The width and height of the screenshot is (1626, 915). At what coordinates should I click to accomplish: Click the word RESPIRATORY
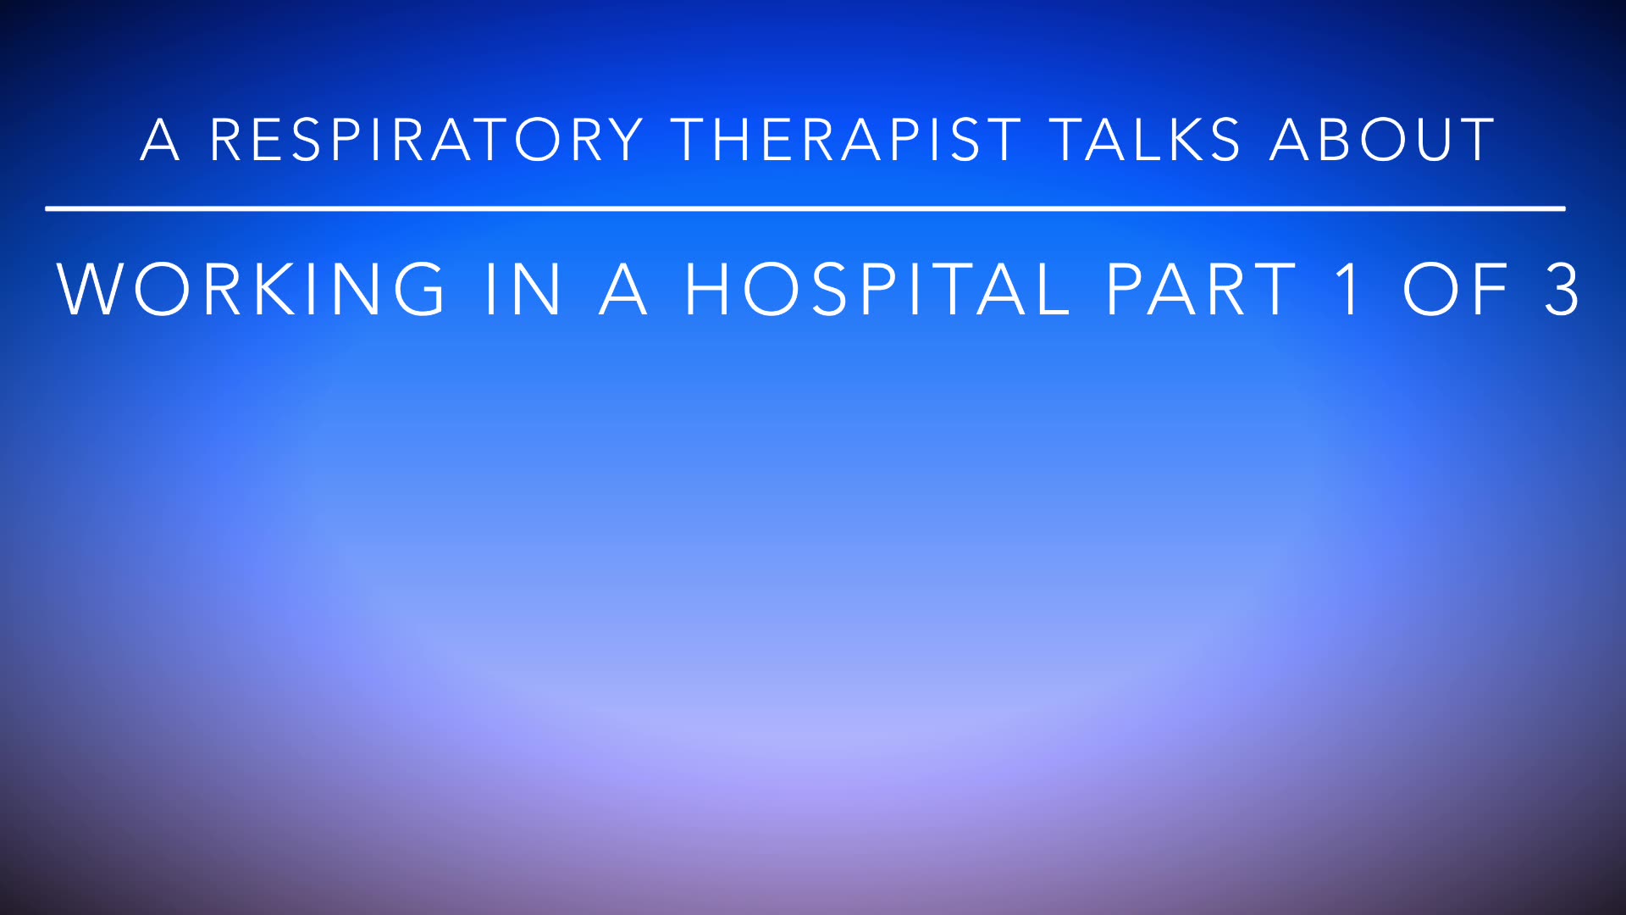click(x=427, y=140)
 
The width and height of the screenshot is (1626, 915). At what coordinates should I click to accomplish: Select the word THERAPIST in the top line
click(x=847, y=140)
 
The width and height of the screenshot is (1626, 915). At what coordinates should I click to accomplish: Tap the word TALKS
click(x=1146, y=140)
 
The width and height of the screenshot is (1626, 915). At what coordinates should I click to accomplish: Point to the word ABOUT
click(x=1383, y=140)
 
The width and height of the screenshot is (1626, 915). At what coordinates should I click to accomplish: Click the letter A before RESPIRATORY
click(x=160, y=140)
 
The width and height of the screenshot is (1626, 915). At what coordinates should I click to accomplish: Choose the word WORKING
click(x=251, y=290)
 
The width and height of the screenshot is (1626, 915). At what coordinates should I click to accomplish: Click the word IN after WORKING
click(x=523, y=290)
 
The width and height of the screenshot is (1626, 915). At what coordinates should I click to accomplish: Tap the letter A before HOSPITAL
click(x=623, y=290)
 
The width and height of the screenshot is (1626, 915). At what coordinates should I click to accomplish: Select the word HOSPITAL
click(x=877, y=290)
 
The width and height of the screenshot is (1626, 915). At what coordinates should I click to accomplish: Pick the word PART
click(x=1201, y=290)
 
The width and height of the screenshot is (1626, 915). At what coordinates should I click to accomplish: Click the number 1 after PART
click(x=1348, y=290)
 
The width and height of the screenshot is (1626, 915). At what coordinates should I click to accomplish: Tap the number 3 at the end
click(x=1561, y=290)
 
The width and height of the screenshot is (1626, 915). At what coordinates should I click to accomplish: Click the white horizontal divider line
click(x=805, y=208)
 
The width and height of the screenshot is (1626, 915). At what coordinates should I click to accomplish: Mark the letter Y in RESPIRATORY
click(x=625, y=140)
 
